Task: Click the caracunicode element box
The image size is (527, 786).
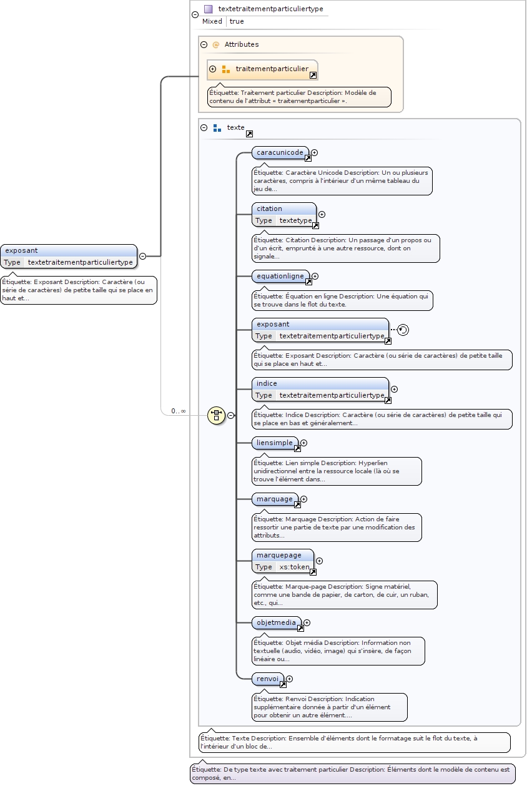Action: (x=280, y=152)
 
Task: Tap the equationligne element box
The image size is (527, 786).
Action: (x=280, y=276)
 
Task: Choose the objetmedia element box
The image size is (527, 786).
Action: (x=276, y=622)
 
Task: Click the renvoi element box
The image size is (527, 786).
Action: (x=267, y=679)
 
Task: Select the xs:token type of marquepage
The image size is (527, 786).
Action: (x=294, y=567)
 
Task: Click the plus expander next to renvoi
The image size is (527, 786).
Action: (x=289, y=679)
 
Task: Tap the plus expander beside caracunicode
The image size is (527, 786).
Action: (x=315, y=152)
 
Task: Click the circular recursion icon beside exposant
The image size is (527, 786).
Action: (x=403, y=330)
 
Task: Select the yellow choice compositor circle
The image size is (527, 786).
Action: (x=216, y=415)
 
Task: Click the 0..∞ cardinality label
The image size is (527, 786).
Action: (x=179, y=411)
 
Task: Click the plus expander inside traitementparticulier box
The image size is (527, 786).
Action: (x=213, y=69)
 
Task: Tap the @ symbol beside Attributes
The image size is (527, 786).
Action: (x=216, y=44)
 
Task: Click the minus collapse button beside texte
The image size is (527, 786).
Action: (x=204, y=127)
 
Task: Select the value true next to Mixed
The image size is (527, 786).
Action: (x=237, y=21)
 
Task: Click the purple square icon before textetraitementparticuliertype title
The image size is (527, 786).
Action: (x=209, y=9)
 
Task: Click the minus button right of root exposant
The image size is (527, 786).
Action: (x=142, y=255)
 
